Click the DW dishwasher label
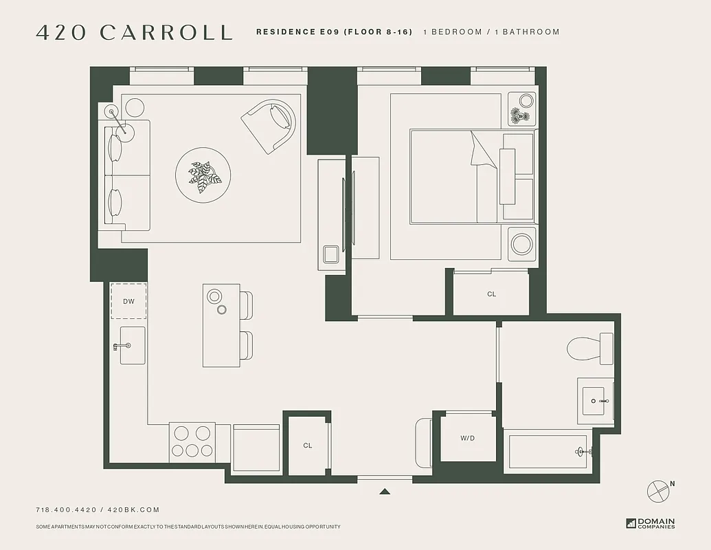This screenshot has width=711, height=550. click(x=129, y=301)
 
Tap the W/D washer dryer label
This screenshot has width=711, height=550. click(x=467, y=438)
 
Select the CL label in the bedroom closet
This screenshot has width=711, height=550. click(x=491, y=294)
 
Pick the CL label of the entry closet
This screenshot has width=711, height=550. click(x=307, y=445)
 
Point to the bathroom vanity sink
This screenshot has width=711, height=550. click(x=593, y=400)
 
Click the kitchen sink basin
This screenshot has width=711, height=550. click(x=132, y=345)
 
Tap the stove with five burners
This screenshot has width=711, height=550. click(x=192, y=441)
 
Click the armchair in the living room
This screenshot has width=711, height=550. click(x=270, y=124)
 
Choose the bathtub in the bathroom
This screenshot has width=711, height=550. click(x=548, y=452)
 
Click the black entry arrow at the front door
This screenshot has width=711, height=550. click(x=385, y=491)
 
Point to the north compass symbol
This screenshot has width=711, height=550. click(x=659, y=490)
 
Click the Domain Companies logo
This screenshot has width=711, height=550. click(x=651, y=523)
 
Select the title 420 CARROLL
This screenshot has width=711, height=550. click(x=133, y=32)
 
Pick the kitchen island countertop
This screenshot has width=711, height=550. click(x=221, y=325)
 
